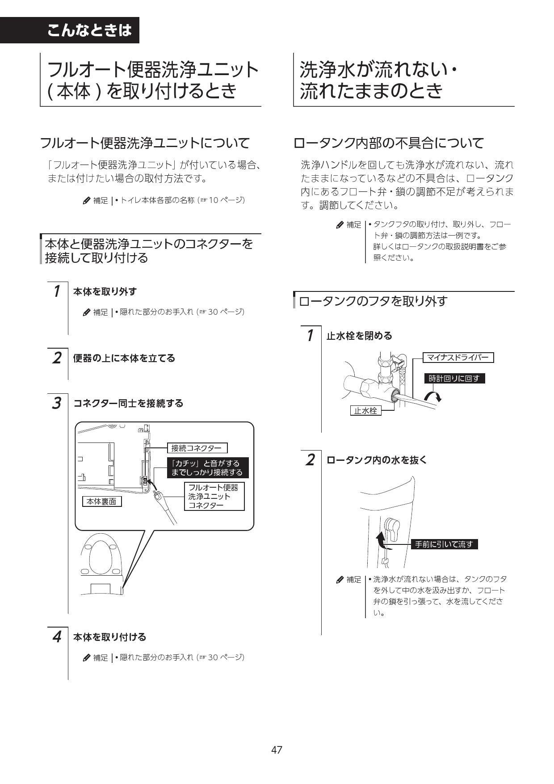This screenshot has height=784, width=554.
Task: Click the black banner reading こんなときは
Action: pos(89,30)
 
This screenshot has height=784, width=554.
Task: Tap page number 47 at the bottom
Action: pos(277,750)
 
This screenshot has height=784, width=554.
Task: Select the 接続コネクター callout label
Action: pos(197,448)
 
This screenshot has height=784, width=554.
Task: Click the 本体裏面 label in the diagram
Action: pos(102,502)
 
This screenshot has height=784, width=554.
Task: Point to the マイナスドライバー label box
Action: pos(458,357)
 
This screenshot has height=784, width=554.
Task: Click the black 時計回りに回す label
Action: pos(454,379)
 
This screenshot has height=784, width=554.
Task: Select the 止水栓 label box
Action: pos(365,410)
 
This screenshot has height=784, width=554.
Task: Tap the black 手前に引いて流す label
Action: pos(444,544)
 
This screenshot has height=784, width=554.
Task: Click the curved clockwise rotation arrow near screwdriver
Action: pos(433,396)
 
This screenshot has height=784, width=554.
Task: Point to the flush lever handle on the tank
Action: pos(392,530)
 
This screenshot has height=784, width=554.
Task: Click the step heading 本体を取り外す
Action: pos(105,291)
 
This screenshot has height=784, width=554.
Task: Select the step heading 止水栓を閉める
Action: pos(359,336)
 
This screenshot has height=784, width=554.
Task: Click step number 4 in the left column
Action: pos(56,636)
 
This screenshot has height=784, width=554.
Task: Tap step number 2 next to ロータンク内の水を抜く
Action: pos(310,460)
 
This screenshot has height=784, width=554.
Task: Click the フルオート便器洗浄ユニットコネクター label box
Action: pos(214,496)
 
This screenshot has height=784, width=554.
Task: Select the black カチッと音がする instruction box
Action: pos(207,468)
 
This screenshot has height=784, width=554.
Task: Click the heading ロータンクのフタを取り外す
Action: pos(373,301)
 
